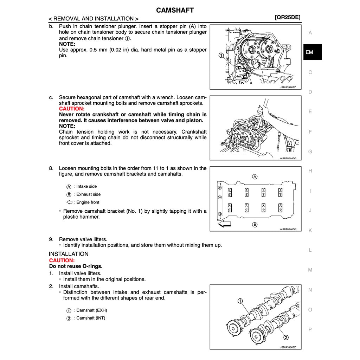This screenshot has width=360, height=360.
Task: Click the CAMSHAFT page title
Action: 175,10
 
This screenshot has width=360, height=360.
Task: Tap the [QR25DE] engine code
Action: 288,18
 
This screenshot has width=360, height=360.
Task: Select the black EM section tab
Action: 309,52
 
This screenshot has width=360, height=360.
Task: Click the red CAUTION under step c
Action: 72,109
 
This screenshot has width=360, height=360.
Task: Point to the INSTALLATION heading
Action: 69,254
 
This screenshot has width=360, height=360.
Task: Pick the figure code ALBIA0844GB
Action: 288,158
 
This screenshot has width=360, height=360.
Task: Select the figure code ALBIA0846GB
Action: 288,229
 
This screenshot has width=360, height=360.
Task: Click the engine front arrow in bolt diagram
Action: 225,224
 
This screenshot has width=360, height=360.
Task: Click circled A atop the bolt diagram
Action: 255,176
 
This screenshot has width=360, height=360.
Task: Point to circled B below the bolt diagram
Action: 255,224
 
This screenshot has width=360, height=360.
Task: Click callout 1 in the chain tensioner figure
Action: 220,55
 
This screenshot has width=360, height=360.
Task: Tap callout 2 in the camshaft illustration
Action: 286,337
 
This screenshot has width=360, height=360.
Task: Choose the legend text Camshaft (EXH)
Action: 91,310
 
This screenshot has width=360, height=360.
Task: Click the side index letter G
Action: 310,152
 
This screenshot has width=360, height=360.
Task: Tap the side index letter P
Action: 310,330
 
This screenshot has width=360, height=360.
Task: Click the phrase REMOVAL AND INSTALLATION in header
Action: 93,19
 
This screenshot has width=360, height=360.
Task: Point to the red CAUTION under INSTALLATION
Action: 62,261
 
